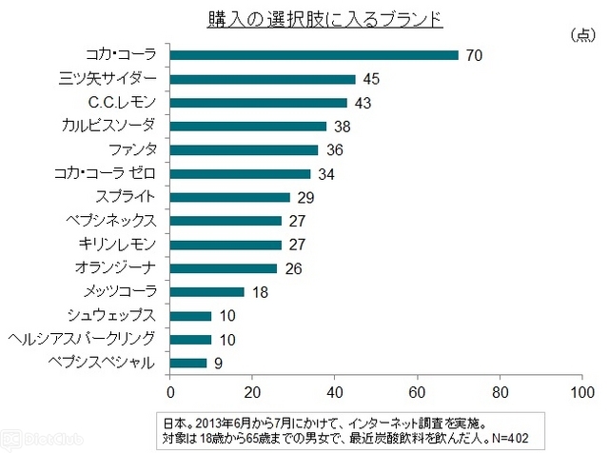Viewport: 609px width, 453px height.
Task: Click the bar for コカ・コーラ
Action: (x=314, y=55)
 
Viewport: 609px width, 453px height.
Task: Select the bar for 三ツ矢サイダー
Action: (x=263, y=79)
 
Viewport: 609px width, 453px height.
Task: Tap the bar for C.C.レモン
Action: (x=259, y=103)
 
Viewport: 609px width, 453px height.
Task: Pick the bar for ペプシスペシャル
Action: (x=188, y=362)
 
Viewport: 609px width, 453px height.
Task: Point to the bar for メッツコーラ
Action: (x=207, y=291)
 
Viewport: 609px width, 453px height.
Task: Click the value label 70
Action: (x=475, y=55)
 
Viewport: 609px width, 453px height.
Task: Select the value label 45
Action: (x=372, y=79)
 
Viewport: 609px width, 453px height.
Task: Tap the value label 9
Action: (x=217, y=363)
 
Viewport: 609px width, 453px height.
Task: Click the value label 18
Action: (x=260, y=291)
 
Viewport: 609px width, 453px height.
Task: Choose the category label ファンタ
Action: (x=132, y=149)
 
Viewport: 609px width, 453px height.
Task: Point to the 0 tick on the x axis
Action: (x=170, y=392)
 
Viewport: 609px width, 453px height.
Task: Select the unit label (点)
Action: (x=580, y=35)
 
